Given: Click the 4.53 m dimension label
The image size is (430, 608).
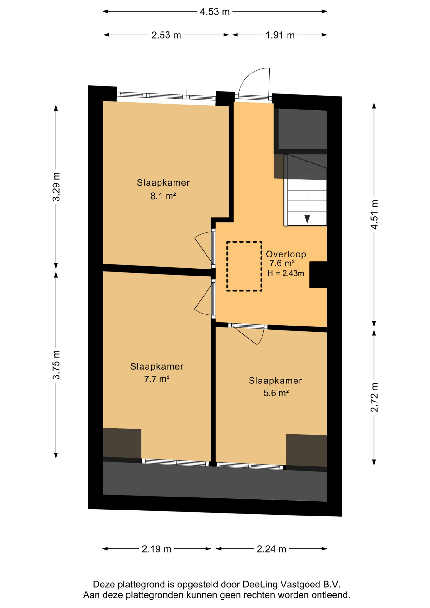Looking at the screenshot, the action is pos(215,12).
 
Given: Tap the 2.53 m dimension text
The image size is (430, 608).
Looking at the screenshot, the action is pos(166,35).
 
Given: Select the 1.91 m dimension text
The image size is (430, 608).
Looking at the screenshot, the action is pos(280,35).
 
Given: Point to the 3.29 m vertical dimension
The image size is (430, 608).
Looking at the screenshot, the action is pos(56,187).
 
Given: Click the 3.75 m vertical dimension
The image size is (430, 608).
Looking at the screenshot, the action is pos(56,364).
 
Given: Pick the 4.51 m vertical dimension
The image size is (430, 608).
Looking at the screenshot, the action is pos(375,215).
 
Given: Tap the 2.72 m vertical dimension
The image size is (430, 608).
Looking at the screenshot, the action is pos(375,397).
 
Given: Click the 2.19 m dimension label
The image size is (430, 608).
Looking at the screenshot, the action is pos(156,549).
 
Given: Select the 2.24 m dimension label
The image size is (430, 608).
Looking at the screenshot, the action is pos(271,549).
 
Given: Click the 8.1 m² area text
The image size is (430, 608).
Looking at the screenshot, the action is pos(163,196).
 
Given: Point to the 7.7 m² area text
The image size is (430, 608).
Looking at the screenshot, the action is pos(157,379).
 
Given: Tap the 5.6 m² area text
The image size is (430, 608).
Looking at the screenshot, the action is pos(276,393).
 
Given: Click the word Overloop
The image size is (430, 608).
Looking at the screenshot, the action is pos(286,254).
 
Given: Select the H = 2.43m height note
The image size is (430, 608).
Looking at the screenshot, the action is pos(286,273).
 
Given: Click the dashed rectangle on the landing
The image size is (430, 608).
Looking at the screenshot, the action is pos(227,266).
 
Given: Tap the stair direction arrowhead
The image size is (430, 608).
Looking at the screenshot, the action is pos(307,219).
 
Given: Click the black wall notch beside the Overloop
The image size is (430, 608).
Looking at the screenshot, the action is pos(318,275).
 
